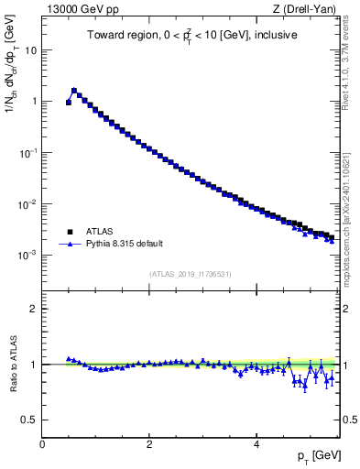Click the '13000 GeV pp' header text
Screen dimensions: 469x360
pyautogui.click(x=79, y=9)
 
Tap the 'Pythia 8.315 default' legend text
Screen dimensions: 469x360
pyautogui.click(x=124, y=245)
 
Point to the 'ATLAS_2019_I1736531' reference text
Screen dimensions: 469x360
pyautogui.click(x=191, y=274)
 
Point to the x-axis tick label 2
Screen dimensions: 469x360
pyautogui.click(x=149, y=442)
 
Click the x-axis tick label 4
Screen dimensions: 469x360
pyautogui.click(x=256, y=442)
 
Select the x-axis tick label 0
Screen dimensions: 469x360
pyautogui.click(x=42, y=442)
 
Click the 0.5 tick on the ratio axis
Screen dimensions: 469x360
pyautogui.click(x=29, y=420)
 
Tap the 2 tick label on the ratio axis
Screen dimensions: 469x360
pyautogui.click(x=33, y=309)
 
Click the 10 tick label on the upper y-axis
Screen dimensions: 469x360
pyautogui.click(x=28, y=50)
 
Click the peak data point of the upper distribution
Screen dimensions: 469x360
pyautogui.click(x=74, y=91)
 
